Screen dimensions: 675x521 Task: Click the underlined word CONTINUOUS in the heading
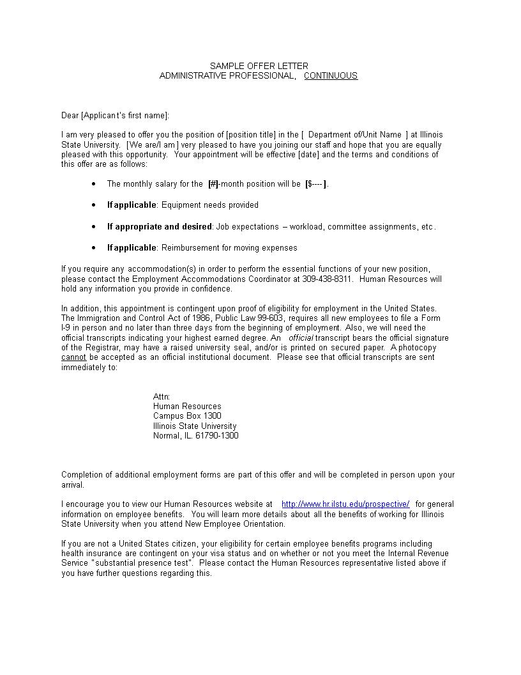330,75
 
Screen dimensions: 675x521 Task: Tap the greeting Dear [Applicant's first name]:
116,115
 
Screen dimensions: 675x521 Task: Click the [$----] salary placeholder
316,184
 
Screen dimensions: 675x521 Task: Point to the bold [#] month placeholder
213,184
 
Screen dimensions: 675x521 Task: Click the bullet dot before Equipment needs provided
94,205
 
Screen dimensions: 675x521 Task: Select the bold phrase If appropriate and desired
159,226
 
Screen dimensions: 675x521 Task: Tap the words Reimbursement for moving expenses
229,247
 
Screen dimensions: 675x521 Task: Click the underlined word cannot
73,357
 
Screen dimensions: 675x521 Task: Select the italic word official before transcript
301,337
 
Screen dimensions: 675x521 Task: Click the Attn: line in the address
162,396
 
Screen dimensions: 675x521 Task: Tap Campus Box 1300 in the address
187,416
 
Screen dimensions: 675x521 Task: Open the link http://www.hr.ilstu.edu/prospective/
345,504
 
